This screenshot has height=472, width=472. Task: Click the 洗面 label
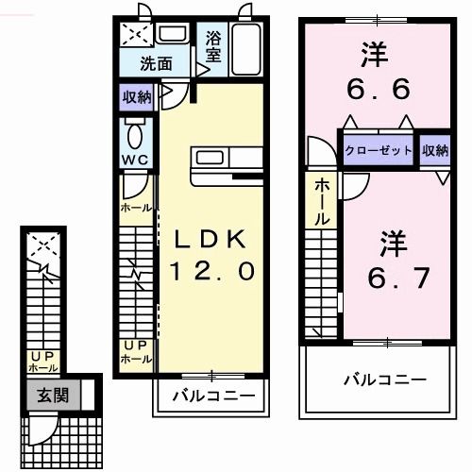[x=156, y=65]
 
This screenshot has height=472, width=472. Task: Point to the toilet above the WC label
[x=132, y=131]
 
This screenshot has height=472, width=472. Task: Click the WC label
[x=132, y=160]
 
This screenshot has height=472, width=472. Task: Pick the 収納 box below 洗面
[x=136, y=96]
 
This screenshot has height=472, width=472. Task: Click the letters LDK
[x=212, y=239]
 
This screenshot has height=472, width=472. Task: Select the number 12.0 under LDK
[x=212, y=272]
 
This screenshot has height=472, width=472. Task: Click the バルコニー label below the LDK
[x=212, y=396]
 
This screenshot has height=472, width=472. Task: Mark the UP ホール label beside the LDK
[x=133, y=352]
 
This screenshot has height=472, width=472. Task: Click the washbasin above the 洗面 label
[x=172, y=35]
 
